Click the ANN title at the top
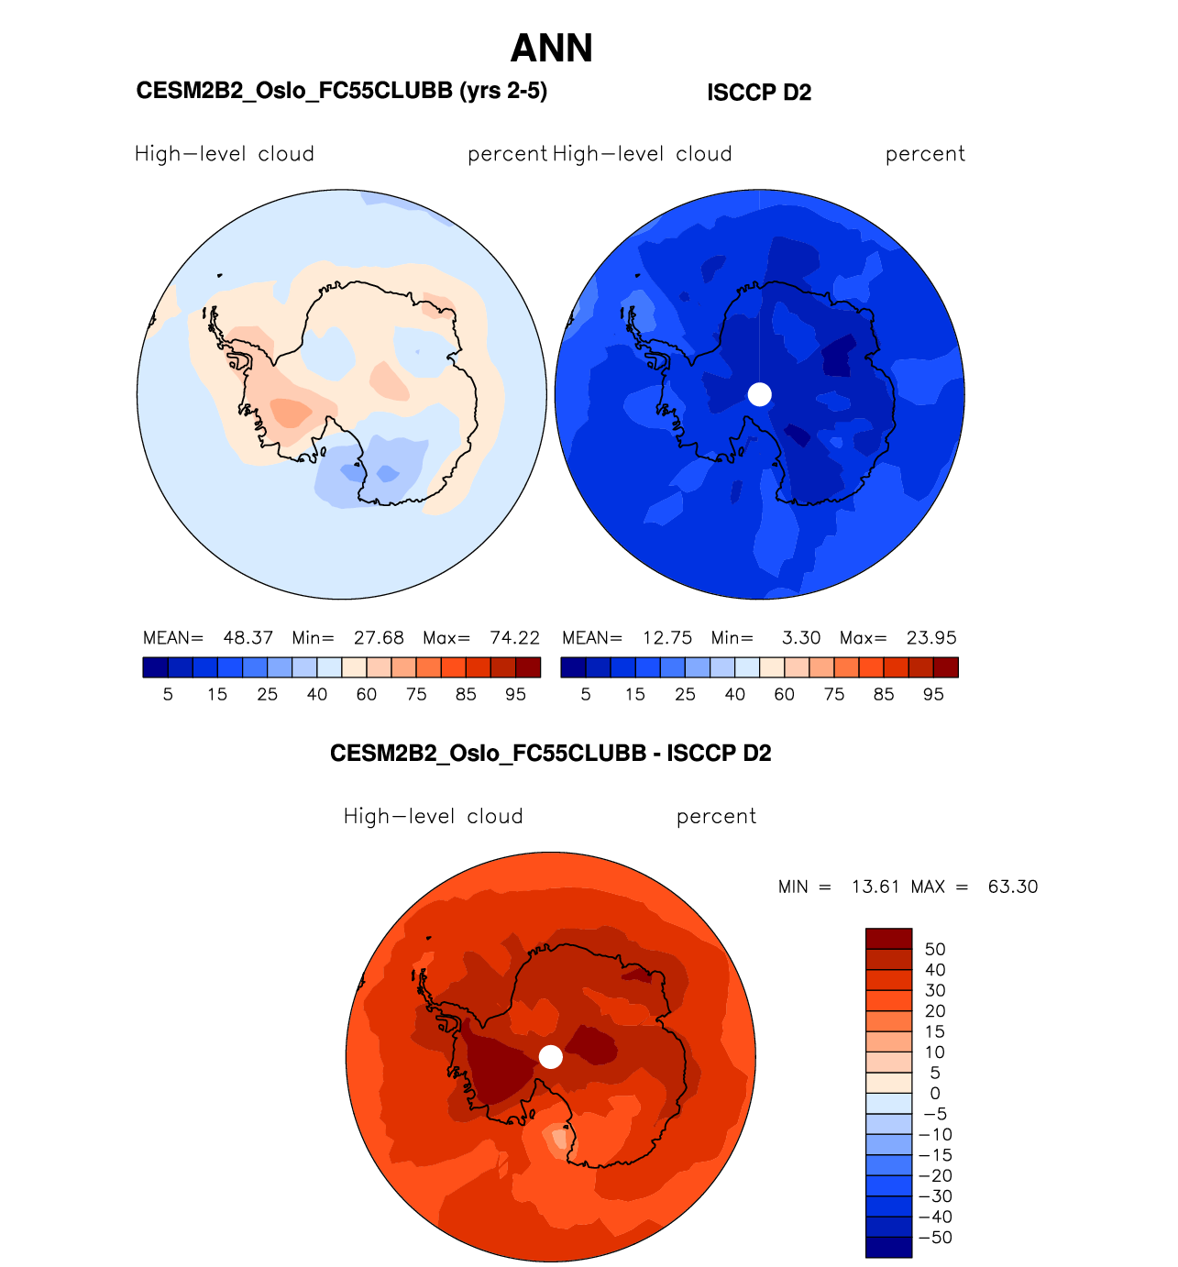coord(551,49)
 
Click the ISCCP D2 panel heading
coord(759,93)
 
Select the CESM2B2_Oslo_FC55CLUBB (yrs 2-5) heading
coord(341,91)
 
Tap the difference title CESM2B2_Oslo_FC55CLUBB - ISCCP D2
coord(550,754)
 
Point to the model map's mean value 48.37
coord(248,638)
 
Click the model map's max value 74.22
coord(514,638)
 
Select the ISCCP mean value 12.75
coord(667,638)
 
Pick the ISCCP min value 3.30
coord(801,638)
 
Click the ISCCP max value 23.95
coord(931,638)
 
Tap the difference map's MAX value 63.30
coord(1012,887)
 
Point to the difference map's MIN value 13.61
coord(875,887)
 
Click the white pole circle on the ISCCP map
coord(759,394)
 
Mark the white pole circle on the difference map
coord(550,1057)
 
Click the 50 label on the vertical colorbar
coord(935,950)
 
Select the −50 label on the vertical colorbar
coord(935,1238)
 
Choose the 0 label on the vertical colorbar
coord(935,1094)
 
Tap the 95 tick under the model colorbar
coord(515,695)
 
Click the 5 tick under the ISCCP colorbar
coord(586,695)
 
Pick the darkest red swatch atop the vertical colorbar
coord(888,939)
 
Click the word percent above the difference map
coord(716,817)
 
